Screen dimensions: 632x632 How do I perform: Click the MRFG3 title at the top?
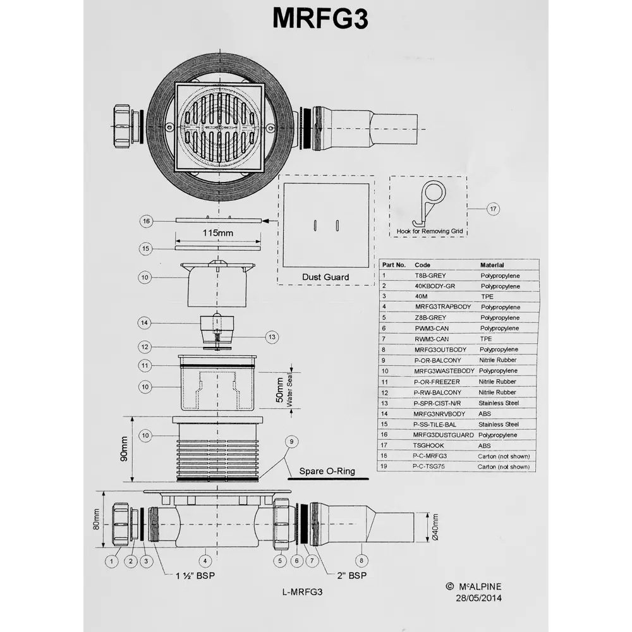319,18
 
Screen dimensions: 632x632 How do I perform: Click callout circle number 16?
146,221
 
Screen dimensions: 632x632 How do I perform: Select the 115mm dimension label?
217,233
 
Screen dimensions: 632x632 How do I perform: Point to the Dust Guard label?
325,277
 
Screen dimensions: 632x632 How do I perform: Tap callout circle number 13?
272,337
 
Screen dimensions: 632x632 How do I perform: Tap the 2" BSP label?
351,575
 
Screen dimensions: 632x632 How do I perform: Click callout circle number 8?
360,559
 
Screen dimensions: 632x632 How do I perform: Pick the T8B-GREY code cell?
430,276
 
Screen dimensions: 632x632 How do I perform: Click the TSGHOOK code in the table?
429,446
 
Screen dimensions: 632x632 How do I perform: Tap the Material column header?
492,265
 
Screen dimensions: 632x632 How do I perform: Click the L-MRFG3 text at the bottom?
303,592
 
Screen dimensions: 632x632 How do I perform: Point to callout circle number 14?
145,322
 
